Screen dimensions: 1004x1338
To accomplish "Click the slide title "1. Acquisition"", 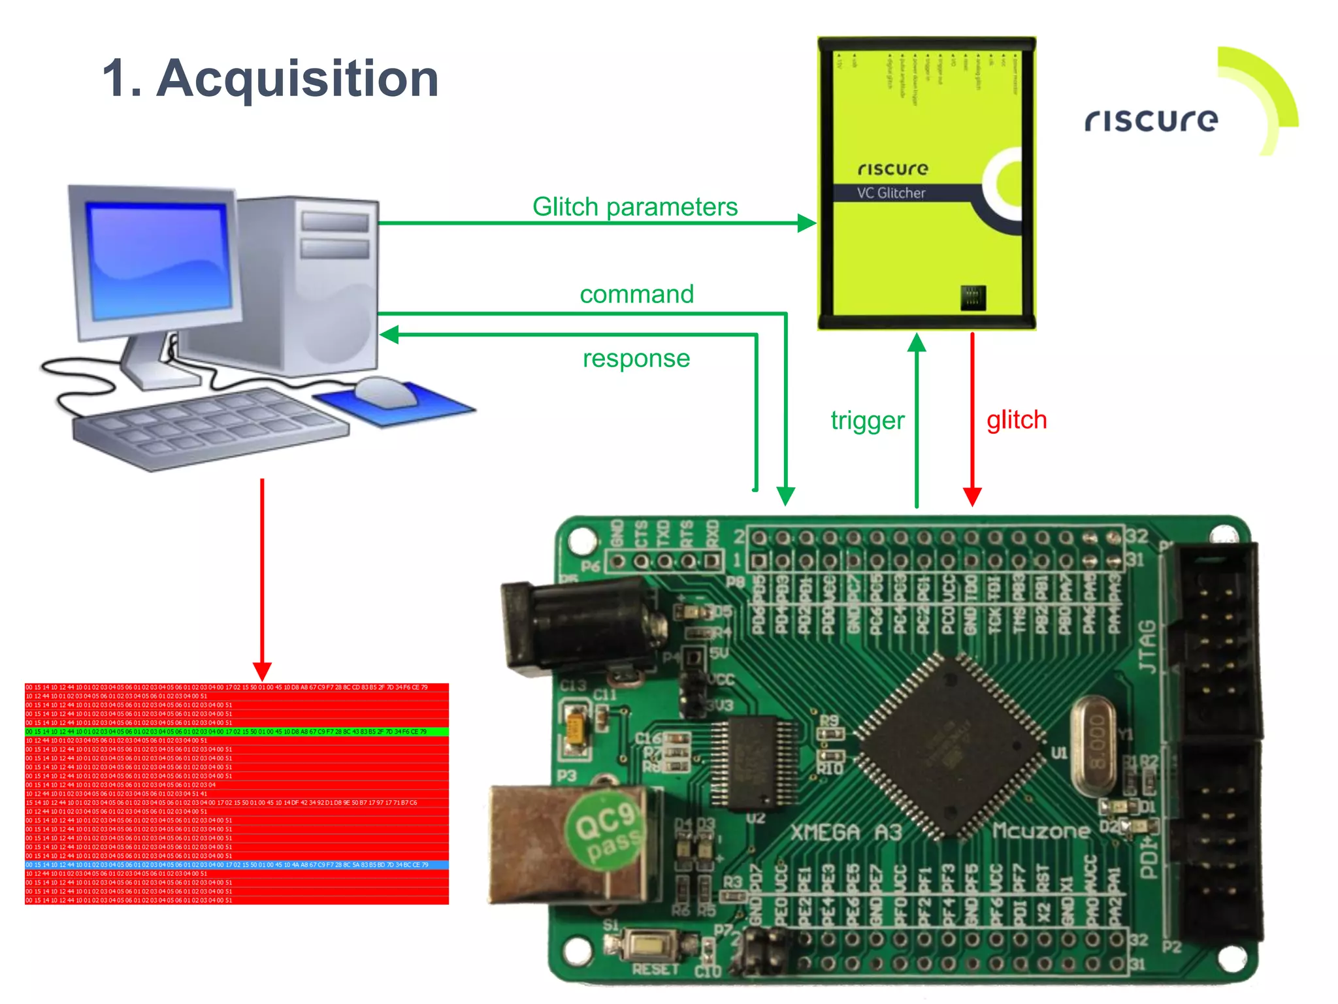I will click(x=270, y=78).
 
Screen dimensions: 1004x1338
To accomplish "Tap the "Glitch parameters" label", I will click(x=634, y=206).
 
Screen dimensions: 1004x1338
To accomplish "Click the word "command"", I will click(x=636, y=294).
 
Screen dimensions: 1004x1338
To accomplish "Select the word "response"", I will click(x=636, y=358).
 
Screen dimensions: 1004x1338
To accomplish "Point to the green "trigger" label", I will click(x=867, y=420).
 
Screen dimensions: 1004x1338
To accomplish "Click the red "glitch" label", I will click(x=1017, y=419).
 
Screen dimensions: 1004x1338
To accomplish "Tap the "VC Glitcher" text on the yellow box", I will click(x=891, y=193).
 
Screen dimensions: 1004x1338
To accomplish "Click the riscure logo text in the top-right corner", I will click(x=1151, y=120).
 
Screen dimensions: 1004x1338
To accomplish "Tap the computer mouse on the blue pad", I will click(x=386, y=391).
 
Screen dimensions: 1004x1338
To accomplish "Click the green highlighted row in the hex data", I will click(x=237, y=732).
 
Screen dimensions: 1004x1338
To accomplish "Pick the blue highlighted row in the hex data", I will click(x=237, y=865).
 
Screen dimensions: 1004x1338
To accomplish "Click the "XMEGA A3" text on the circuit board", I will click(x=846, y=832).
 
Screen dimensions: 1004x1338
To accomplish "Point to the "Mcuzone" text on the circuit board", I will click(x=1041, y=831).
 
